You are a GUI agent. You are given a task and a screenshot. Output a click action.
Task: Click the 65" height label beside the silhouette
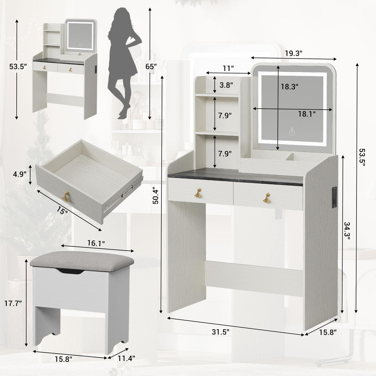point(151,66)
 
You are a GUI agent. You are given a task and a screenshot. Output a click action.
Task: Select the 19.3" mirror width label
point(294,53)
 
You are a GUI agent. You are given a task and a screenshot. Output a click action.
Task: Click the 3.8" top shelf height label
point(226,85)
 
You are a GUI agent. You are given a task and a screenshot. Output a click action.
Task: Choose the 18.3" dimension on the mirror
point(290,87)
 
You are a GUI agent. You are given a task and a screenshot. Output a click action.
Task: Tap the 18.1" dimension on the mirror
point(307,114)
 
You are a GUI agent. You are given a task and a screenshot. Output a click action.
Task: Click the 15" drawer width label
point(62,211)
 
